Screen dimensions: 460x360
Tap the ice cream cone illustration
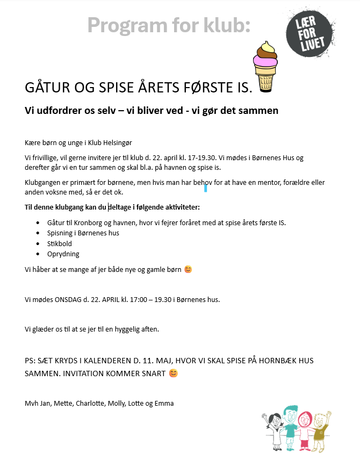[265, 67]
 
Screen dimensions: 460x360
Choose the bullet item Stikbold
[60, 243]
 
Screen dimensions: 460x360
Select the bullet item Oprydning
[63, 254]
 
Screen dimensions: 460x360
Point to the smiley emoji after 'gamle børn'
[188, 269]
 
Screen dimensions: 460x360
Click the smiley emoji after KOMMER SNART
[173, 373]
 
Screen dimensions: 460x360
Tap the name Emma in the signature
[164, 403]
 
